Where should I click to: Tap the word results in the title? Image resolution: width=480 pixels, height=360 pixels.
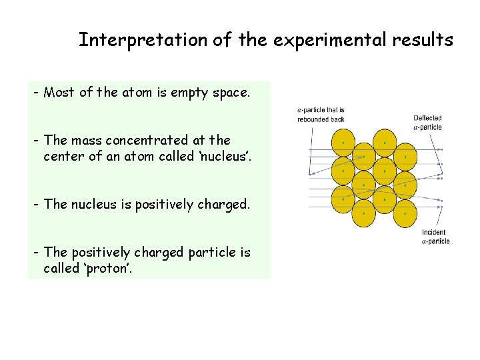pyautogui.click(x=424, y=40)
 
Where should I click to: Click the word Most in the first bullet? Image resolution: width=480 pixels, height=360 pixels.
pyautogui.click(x=59, y=93)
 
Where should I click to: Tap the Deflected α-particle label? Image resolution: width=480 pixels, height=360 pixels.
pyautogui.click(x=427, y=122)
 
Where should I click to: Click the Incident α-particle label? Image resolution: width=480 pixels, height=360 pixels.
pyautogui.click(x=435, y=237)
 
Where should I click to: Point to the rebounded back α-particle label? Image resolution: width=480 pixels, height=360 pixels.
pyautogui.click(x=321, y=115)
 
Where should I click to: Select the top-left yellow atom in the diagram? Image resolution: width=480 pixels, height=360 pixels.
pyautogui.click(x=343, y=143)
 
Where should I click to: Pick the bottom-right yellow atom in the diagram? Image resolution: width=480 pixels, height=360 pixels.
pyautogui.click(x=405, y=215)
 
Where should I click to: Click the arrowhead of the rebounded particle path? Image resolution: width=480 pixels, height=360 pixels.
pyautogui.click(x=311, y=174)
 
